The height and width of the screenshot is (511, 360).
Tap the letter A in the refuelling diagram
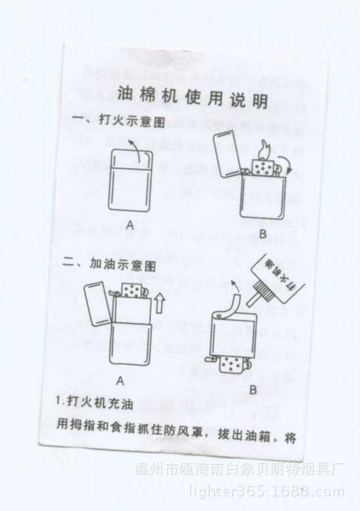[120, 380]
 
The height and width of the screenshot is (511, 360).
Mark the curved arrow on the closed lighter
[136, 150]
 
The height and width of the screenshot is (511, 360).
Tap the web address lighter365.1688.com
[266, 491]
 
